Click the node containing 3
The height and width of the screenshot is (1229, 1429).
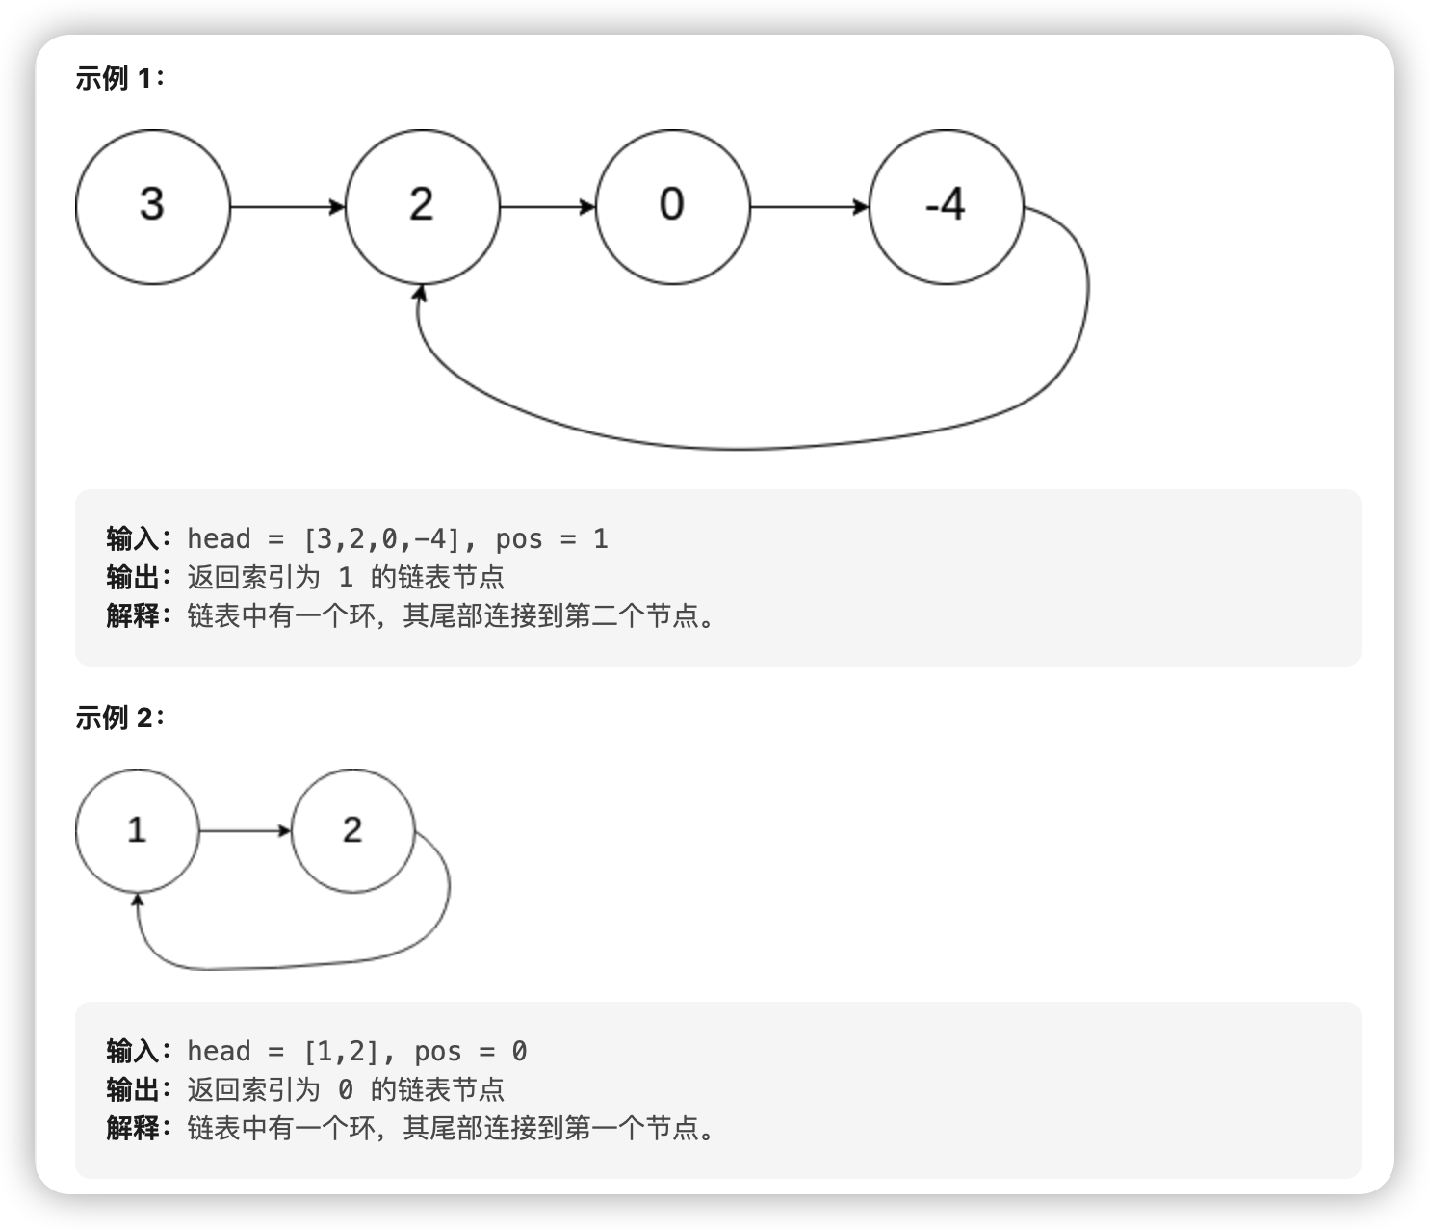tap(153, 207)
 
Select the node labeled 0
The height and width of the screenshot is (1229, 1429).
tap(672, 207)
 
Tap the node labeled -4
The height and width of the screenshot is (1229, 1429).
tap(946, 207)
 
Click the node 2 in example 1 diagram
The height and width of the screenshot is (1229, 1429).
tap(422, 207)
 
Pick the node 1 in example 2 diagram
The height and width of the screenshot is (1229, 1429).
tap(137, 830)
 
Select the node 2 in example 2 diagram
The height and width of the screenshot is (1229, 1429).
tap(352, 830)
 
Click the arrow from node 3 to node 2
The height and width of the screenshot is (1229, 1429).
tap(287, 207)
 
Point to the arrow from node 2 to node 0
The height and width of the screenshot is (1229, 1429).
tap(547, 207)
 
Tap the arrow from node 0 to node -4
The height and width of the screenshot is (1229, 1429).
tap(809, 207)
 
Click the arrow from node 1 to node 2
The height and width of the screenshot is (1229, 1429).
tap(245, 830)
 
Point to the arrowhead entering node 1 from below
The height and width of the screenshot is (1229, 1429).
tap(139, 901)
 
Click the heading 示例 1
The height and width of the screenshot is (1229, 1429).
tap(119, 79)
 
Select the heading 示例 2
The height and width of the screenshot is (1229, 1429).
tap(119, 718)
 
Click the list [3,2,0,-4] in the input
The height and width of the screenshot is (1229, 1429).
tap(382, 538)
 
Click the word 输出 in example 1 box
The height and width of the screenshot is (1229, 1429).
tap(133, 577)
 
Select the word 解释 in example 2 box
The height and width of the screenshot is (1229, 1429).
tap(133, 1128)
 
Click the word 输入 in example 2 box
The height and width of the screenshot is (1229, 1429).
tap(133, 1051)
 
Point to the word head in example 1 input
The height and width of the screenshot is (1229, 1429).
tap(219, 538)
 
